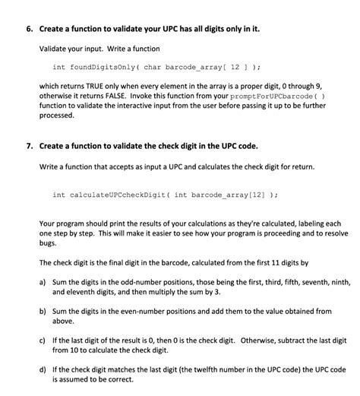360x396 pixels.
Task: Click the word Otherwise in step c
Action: pyautogui.click(x=248, y=342)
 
